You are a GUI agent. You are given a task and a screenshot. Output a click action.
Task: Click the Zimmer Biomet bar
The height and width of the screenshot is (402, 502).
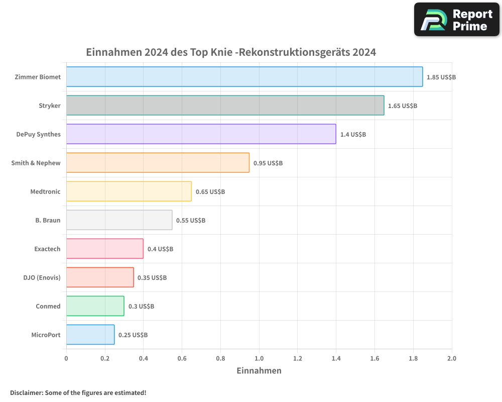tap(244, 77)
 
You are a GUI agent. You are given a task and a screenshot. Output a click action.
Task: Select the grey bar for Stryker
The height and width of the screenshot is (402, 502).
tap(225, 106)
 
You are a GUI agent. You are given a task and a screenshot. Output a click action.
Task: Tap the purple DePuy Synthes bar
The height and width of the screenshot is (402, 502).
tap(201, 134)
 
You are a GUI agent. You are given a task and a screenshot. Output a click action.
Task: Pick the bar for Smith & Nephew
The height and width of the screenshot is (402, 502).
tap(158, 163)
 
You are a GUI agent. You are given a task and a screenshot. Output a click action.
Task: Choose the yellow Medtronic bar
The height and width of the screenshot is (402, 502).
tap(129, 191)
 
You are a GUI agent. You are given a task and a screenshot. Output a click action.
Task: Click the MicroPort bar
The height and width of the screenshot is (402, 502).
tap(90, 335)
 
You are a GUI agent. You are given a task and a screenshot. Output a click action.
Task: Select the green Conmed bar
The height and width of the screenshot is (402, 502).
tap(95, 306)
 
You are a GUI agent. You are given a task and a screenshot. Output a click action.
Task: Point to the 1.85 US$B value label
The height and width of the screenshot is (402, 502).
tap(441, 77)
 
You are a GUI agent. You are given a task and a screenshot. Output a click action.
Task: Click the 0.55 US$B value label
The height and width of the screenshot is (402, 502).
tap(191, 221)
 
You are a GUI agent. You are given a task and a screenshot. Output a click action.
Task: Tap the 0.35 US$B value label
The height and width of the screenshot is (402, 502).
tap(152, 278)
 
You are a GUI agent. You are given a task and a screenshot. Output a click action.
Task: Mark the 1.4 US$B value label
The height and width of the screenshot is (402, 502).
tap(353, 135)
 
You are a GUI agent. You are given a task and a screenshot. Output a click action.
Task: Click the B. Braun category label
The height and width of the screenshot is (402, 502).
tap(48, 220)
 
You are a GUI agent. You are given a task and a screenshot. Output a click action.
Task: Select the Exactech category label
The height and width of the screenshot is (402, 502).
tap(47, 249)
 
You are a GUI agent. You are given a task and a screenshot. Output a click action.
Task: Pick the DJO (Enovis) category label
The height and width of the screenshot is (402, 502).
tap(42, 277)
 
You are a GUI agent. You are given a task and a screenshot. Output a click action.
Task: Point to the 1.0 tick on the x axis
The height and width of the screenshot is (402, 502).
tap(259, 358)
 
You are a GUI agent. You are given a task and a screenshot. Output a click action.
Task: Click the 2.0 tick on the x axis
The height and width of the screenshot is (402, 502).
tap(451, 358)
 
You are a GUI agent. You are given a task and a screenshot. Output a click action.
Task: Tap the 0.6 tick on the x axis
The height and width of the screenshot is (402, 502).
tap(182, 358)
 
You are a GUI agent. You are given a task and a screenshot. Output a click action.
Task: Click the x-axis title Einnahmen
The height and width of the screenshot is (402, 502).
tap(259, 371)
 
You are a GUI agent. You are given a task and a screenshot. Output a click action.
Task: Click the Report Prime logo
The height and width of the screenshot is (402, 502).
tap(456, 20)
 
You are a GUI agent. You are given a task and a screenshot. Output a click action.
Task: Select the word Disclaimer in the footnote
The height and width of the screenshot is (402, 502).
tap(26, 392)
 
